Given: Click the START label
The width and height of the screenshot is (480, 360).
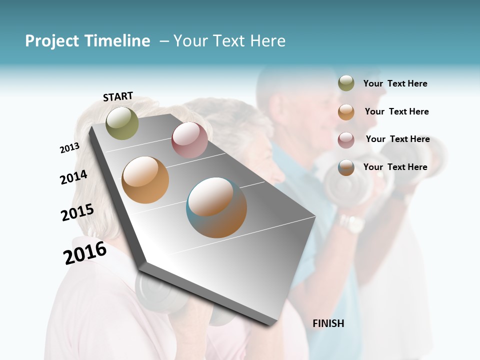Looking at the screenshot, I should point(118,96).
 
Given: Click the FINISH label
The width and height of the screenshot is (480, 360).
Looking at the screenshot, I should point(328,323).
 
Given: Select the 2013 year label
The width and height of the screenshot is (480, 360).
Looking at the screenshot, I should point(69,148).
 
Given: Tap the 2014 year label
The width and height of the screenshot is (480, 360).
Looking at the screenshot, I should point(73,177).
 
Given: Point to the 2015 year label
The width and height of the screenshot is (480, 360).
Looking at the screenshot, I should point(77,212).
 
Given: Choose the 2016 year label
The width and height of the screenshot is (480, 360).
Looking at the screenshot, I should point(85,253).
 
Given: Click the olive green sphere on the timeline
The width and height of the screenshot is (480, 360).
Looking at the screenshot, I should point(122,123).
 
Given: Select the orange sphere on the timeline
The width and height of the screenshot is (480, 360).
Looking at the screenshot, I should point(145,179).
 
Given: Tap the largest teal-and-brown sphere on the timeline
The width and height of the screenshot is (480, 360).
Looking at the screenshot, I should point(216,207).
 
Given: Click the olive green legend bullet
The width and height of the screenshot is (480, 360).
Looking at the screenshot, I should point(346,83).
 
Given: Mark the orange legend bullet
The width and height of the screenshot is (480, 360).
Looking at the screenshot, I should point(346,112).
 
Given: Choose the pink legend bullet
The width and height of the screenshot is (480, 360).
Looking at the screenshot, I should point(346,140).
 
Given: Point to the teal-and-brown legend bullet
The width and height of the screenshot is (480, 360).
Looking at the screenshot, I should point(346,167).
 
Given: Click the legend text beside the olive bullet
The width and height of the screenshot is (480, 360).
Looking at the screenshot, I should point(395,83).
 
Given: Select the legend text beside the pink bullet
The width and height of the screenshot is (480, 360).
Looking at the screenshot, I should point(397,139).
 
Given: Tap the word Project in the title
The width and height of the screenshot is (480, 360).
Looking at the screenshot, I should point(51,41).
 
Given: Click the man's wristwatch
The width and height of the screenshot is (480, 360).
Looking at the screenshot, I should point(351,224).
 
